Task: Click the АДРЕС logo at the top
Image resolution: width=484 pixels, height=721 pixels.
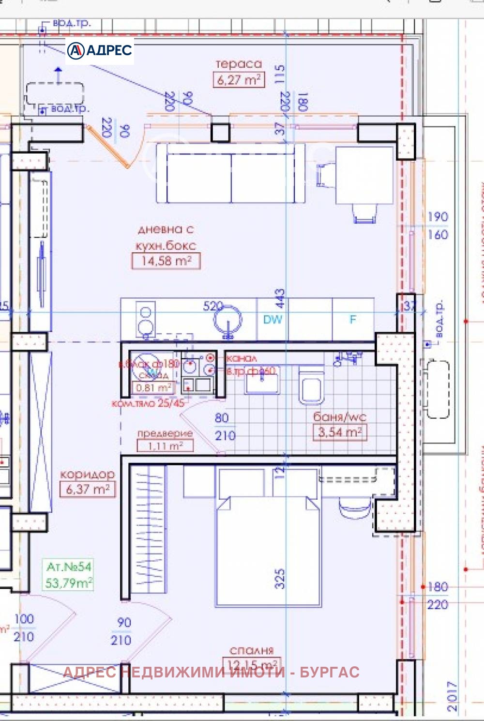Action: coord(100,50)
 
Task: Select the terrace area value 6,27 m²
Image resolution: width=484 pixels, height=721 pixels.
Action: coord(239,80)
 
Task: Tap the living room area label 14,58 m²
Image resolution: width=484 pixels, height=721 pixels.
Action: coord(166,261)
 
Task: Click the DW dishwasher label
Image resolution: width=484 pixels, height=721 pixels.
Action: coord(272,320)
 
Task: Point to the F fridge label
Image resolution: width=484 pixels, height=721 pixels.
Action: coord(353,320)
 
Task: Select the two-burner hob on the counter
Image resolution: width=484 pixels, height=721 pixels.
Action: coord(145,319)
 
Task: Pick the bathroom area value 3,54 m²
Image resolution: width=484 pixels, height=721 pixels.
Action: coord(340,432)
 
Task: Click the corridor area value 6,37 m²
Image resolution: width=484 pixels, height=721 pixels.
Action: coord(88,489)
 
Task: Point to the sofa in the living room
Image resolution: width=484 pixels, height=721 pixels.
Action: coord(231,173)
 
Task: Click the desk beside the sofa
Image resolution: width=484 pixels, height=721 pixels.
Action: coord(364,175)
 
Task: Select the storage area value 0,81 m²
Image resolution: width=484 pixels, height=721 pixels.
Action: coord(153,387)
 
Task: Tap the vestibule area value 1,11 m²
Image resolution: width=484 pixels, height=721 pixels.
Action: coord(165,445)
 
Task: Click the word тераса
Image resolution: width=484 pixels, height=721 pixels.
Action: coord(239,63)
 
